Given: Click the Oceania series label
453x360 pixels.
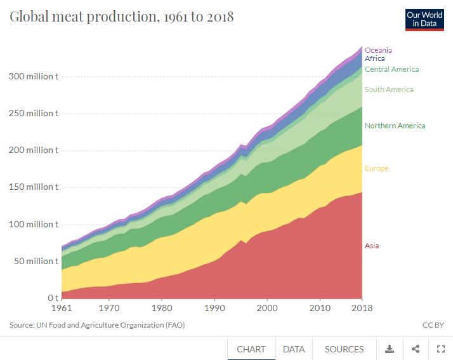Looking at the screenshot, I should coord(378,50).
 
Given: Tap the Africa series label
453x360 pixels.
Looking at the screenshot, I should coord(374,58).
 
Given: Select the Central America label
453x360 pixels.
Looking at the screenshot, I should coord(391,69).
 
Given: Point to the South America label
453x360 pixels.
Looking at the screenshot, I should coord(389,90).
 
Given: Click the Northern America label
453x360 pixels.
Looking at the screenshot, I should coord(395,126).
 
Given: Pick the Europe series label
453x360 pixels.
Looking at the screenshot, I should coord(376,168).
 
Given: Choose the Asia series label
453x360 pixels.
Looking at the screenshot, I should coord(371,246).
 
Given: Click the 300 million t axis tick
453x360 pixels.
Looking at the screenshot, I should coord(33,76).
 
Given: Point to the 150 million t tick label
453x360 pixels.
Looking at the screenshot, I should coord(33,187).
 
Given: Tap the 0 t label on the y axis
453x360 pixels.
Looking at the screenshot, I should coord(53,298).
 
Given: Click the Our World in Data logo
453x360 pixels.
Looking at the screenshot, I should coord(424,20).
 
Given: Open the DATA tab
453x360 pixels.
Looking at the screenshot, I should coord(294,349).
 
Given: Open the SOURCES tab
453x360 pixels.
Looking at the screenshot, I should coord(344,349).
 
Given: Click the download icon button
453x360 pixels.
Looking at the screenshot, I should coord(390,349).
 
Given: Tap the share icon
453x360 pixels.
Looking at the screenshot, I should coord(416,349).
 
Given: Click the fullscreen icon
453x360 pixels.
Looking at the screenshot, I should coord(440,349).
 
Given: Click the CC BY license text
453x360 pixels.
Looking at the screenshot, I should coord(433,325).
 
